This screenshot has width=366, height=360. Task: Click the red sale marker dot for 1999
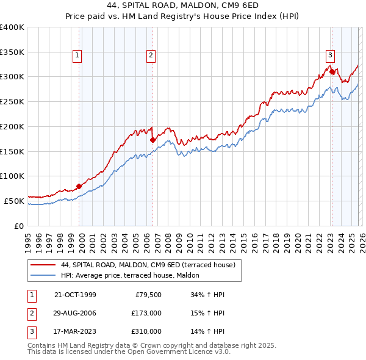(x=79, y=186)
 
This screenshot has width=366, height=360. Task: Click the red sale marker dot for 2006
(x=152, y=140)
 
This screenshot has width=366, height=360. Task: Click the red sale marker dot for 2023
(x=332, y=71)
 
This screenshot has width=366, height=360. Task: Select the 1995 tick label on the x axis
(x=27, y=238)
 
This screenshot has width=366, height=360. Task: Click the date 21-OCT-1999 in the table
(x=75, y=295)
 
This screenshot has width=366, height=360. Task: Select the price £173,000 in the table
(x=146, y=313)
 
